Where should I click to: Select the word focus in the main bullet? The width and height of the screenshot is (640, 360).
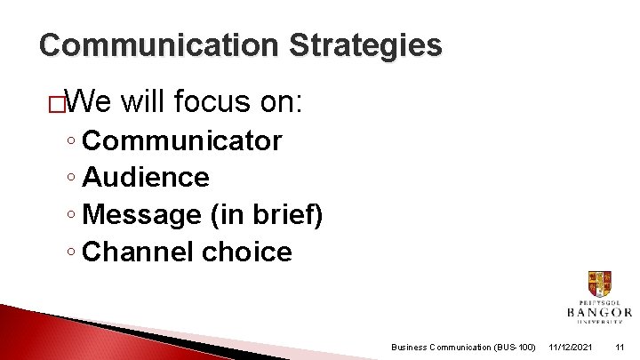click(213, 102)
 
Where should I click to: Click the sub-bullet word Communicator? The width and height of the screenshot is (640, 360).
click(181, 140)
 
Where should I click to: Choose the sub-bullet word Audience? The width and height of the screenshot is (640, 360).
click(145, 178)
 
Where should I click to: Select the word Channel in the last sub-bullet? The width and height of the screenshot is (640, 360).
click(138, 252)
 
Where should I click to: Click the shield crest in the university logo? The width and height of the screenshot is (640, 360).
click(599, 284)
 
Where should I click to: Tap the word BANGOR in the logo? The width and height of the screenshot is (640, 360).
click(600, 312)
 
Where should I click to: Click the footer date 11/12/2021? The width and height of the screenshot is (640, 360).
click(571, 347)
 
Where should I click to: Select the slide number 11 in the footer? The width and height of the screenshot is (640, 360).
click(620, 347)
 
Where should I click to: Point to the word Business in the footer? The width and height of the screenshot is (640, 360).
click(410, 347)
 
